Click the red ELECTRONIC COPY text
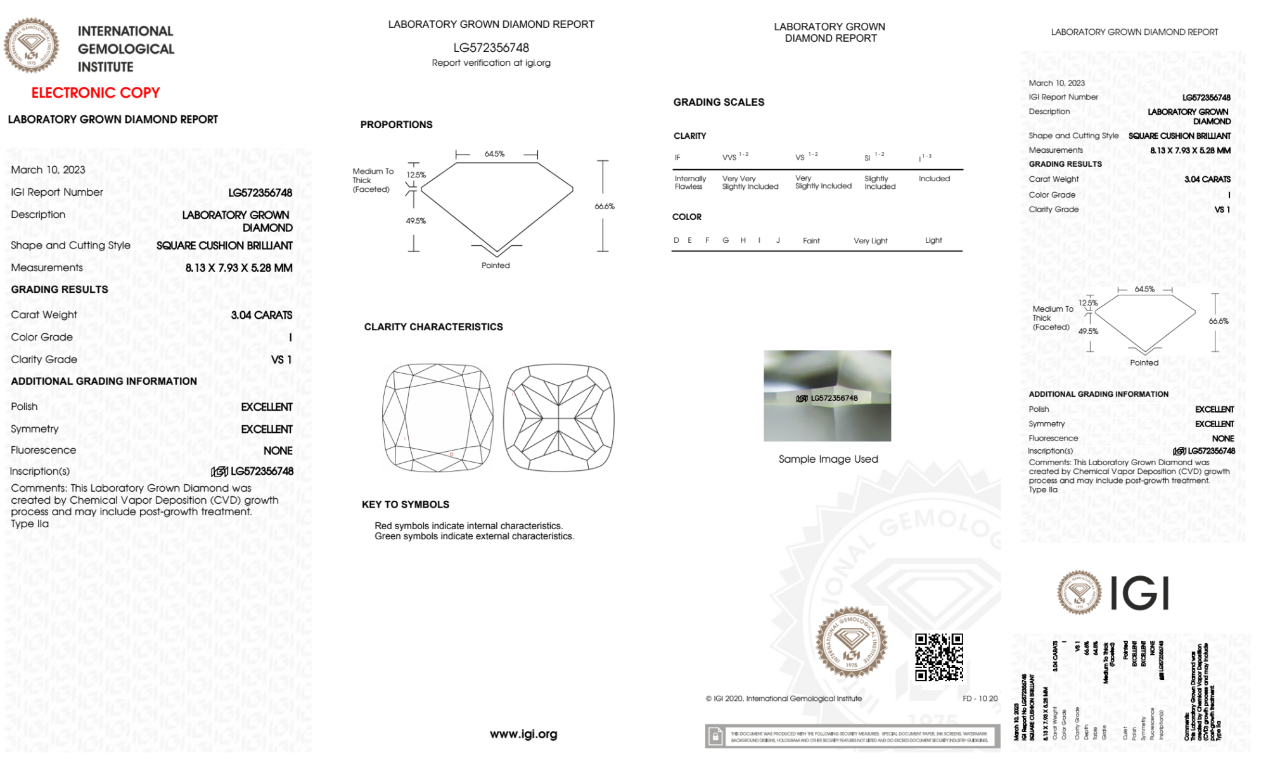(96, 93)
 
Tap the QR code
(938, 657)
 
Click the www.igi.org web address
(523, 734)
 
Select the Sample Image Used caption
(828, 459)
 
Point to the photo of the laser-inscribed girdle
(827, 395)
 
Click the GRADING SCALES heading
(719, 102)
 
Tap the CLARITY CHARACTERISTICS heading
(433, 327)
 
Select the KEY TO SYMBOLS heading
(406, 504)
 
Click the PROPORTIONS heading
(397, 125)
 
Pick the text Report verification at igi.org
(491, 63)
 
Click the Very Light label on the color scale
(871, 241)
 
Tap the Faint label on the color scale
(811, 241)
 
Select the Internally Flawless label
(690, 183)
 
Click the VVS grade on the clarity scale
(730, 157)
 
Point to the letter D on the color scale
(676, 240)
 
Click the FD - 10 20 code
(980, 698)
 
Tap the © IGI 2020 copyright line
(784, 698)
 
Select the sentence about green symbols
(475, 536)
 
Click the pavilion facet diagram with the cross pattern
(558, 417)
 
